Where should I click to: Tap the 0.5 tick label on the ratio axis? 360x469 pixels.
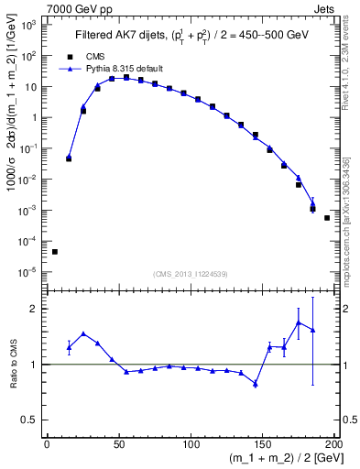coord(31,420)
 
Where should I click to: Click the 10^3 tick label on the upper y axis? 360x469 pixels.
coord(28,25)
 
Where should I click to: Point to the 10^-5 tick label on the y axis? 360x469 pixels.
coord(28,272)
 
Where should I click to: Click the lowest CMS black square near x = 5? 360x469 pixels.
coord(55,252)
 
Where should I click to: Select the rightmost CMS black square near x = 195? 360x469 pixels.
coord(327,218)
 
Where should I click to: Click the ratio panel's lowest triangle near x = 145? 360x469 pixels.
coord(256,384)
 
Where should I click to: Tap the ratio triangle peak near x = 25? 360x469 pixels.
coord(83,333)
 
